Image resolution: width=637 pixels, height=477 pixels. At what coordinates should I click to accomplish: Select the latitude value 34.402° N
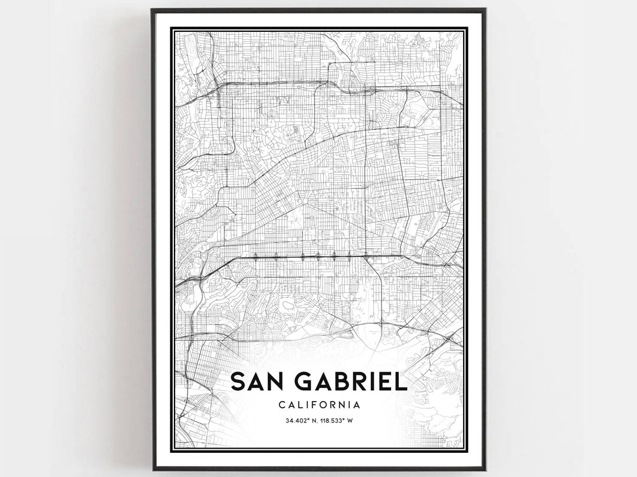301,420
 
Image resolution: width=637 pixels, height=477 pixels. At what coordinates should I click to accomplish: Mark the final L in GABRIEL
401,381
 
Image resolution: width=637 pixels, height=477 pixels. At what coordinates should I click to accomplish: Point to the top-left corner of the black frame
152,9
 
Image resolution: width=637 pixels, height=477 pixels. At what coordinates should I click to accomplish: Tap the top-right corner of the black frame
485,9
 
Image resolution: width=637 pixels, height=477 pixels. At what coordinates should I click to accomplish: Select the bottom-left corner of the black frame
153,469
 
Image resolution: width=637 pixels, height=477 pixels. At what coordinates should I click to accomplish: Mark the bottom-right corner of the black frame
485,469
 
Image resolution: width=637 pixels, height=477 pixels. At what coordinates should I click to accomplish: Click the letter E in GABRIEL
386,381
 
